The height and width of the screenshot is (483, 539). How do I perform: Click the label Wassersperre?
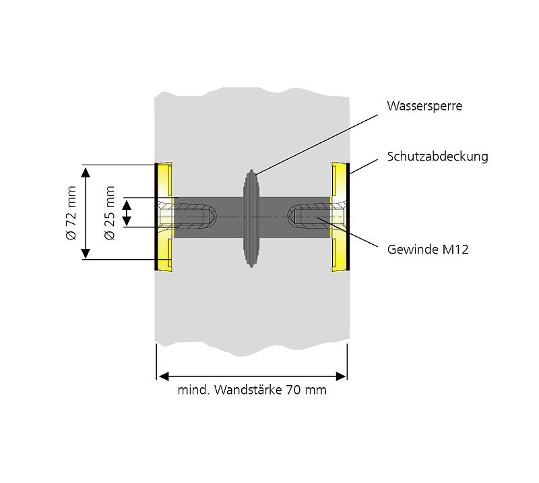(424, 106)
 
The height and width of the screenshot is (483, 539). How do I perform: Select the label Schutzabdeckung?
(437, 157)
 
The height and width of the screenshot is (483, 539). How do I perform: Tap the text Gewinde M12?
(427, 250)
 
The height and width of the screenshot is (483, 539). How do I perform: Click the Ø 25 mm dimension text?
(110, 212)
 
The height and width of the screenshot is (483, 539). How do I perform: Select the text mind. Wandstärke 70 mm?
(251, 390)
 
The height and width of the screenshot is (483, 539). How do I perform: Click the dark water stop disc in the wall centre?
(252, 217)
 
